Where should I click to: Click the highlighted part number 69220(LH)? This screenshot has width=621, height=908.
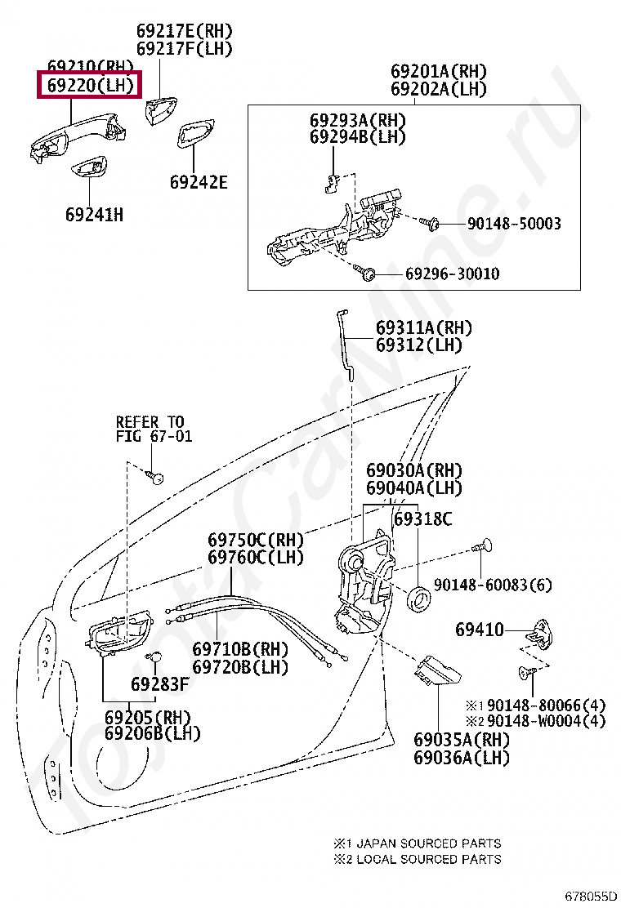[91, 85]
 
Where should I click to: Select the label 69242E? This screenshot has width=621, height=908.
[199, 182]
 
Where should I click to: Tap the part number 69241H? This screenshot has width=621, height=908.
[95, 215]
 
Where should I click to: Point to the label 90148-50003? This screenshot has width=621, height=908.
[514, 224]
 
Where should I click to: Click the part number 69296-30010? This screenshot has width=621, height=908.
[452, 274]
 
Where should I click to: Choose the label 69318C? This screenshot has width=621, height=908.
[423, 519]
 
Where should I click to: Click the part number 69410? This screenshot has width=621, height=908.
[480, 630]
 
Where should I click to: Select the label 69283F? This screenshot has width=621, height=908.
[160, 684]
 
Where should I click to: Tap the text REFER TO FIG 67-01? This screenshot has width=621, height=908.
[154, 430]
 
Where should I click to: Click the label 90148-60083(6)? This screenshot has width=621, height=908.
[493, 585]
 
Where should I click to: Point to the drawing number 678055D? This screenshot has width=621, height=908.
[591, 897]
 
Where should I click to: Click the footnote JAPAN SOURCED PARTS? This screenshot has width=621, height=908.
[429, 843]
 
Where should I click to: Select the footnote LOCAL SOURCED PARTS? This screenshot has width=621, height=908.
[429, 859]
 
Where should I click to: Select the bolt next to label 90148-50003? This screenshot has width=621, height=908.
[430, 223]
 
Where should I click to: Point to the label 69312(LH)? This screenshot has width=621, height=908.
[419, 345]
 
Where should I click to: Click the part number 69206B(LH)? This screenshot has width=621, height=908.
[152, 733]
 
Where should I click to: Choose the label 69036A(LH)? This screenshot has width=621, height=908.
[461, 758]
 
